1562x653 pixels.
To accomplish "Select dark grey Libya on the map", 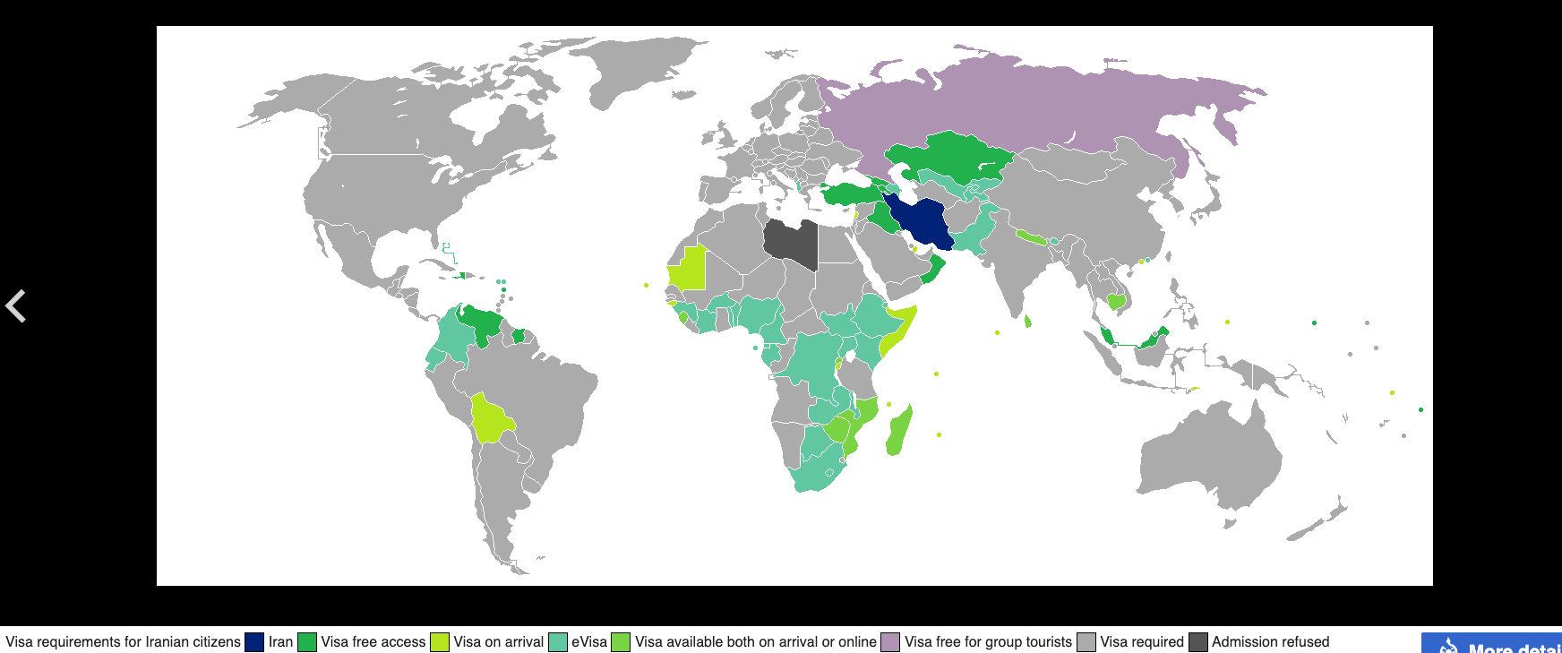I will [x=792, y=242].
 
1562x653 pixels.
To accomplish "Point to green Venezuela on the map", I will [x=484, y=324].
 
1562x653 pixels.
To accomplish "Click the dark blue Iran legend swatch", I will [x=254, y=642].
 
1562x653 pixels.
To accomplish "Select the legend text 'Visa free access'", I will [x=373, y=642].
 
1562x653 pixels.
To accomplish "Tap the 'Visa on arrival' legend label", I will [x=498, y=642].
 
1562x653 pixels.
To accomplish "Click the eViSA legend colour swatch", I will [x=558, y=642].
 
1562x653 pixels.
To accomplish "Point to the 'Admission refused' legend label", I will [x=1270, y=642].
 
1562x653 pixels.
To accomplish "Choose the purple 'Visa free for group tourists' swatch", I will [x=890, y=642].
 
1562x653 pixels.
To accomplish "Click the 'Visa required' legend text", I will [x=1142, y=642].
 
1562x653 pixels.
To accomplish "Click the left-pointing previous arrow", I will [x=16, y=305].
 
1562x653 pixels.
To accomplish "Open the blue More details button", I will [x=1491, y=645].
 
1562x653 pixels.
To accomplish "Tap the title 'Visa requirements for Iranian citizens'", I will [x=123, y=642].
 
